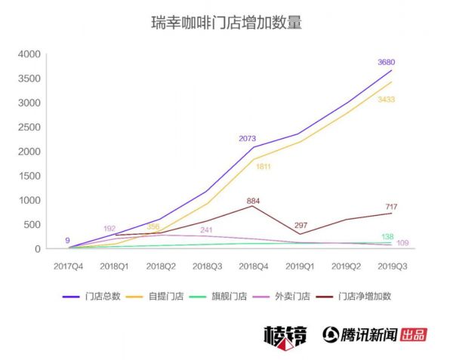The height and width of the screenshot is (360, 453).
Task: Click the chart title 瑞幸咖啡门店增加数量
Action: pyautogui.click(x=226, y=23)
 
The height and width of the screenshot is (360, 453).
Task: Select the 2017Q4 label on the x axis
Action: pyautogui.click(x=69, y=266)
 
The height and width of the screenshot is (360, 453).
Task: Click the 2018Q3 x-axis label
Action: pyautogui.click(x=206, y=266)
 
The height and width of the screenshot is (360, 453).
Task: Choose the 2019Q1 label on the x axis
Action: pyautogui.click(x=299, y=266)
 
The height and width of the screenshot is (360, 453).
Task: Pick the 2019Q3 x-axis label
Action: pyautogui.click(x=391, y=266)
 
